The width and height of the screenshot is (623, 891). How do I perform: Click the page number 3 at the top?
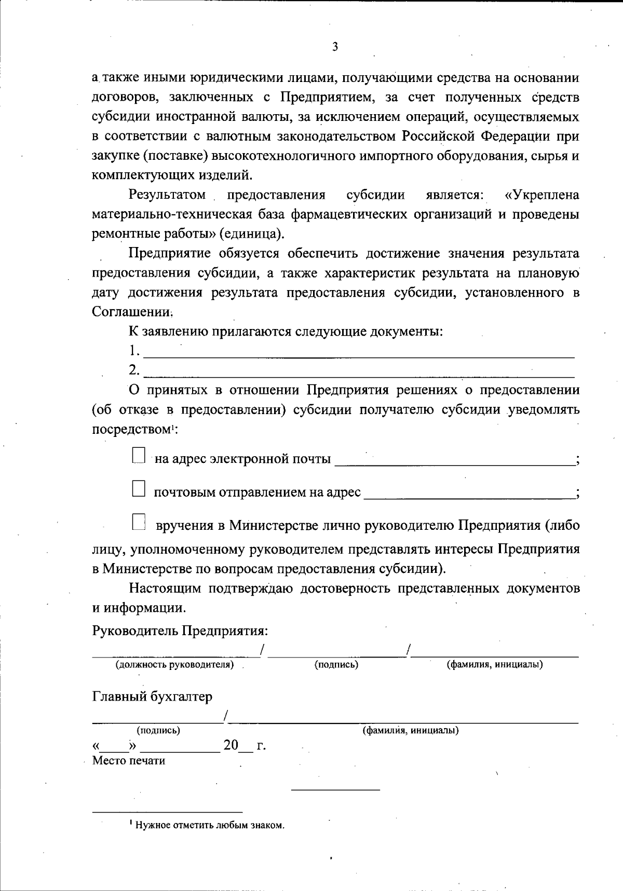335,47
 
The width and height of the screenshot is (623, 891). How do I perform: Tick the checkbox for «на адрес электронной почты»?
138,456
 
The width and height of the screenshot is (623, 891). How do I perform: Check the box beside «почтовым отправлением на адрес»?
138,489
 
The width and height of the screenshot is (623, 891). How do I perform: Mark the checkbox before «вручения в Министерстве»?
138,522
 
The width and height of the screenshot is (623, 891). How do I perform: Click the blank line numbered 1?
358,353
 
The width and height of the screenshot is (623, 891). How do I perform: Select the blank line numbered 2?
358,372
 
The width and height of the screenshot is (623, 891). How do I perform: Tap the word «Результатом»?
167,195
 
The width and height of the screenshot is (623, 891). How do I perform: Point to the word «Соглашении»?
132,312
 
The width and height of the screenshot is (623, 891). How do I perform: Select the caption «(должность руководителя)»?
174,664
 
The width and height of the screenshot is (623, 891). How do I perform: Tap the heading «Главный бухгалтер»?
152,696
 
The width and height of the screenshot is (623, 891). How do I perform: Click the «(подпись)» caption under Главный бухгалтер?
158,730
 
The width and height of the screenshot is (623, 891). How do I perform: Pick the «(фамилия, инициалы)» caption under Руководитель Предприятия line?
495,664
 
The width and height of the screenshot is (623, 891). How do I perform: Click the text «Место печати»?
129,761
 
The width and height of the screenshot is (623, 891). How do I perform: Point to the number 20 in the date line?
231,746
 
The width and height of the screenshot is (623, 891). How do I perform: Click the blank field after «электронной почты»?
454,460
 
